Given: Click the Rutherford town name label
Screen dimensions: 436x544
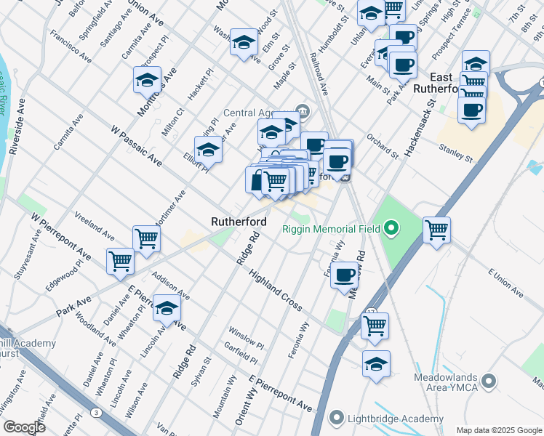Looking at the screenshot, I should point(239,222).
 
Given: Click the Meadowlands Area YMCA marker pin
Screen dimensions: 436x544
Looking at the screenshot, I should point(489,380).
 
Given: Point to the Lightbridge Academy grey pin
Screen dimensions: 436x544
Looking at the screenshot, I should point(335,417).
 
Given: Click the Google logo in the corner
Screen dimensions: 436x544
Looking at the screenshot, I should point(24,427).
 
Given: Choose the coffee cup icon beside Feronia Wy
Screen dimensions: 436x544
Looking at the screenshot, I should point(345,275).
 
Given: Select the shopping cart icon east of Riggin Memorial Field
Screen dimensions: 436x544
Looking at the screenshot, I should point(436,230).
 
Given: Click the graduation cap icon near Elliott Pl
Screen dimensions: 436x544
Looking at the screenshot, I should point(209,150).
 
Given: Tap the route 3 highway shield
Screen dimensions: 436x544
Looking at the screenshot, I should point(96,413).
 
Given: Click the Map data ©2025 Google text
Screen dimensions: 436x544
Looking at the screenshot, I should point(499,429).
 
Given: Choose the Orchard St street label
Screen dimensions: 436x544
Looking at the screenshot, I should point(383,144).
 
